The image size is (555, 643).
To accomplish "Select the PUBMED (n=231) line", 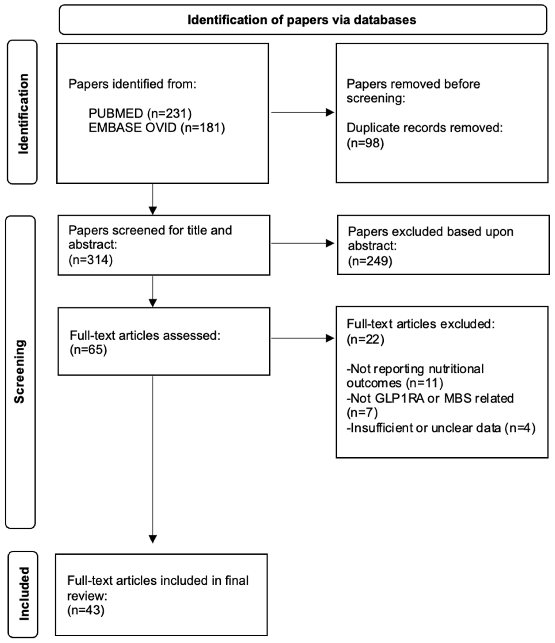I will pos(140,113).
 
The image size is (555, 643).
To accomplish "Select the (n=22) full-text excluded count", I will pos(365,339).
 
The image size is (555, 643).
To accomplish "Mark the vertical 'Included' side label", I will pos(24,594).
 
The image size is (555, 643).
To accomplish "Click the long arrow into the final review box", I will pos(153,459).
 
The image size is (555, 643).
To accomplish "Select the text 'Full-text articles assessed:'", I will pos(145,335).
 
